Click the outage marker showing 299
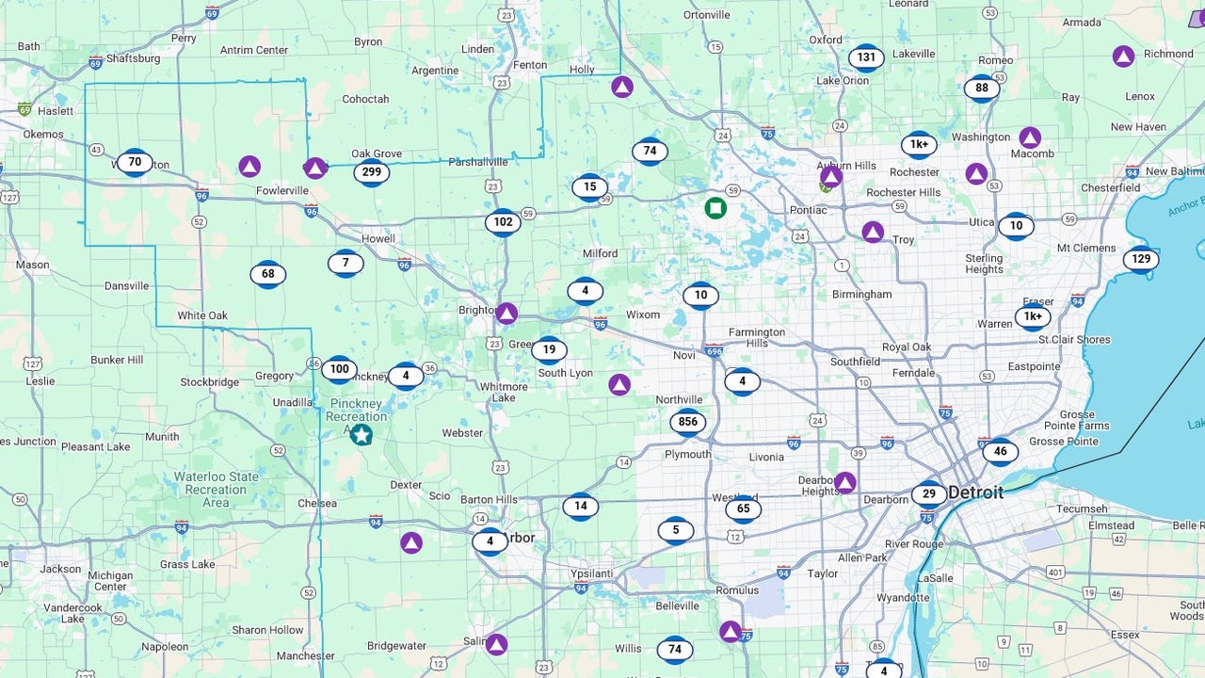[372, 172]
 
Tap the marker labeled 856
[688, 422]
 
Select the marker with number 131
[866, 57]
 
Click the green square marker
[715, 207]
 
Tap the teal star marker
[361, 434]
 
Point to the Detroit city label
[975, 492]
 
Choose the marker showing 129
[1141, 259]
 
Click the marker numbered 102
[503, 223]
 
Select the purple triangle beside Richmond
[1123, 56]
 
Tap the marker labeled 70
[135, 162]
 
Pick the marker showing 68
[268, 274]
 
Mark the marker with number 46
[1000, 451]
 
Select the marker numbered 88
[982, 89]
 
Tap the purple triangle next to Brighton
[506, 314]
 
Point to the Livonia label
[766, 458]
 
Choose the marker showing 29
[929, 494]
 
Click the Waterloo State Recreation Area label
[216, 490]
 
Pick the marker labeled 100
[339, 369]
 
